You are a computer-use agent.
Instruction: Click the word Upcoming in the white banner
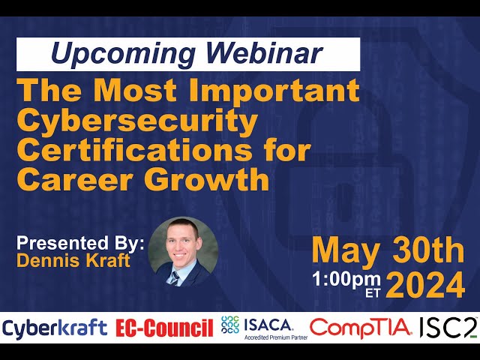[123, 53]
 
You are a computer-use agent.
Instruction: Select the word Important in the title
[274, 91]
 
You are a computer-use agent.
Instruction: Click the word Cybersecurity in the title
[137, 121]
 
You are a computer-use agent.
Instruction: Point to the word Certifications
[138, 150]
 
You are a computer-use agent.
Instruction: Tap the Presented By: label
[80, 243]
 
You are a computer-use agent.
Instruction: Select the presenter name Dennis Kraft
[73, 260]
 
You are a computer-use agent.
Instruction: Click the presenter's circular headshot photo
[183, 252]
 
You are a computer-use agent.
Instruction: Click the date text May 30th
[388, 252]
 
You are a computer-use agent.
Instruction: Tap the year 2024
[425, 286]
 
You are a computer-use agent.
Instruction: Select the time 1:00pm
[346, 280]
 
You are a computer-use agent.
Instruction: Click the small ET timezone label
[373, 293]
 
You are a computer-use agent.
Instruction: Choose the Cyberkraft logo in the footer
[55, 328]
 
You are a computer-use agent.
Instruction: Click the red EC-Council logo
[164, 328]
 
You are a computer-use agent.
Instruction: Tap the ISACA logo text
[268, 325]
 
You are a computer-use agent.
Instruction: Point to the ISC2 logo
[448, 328]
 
